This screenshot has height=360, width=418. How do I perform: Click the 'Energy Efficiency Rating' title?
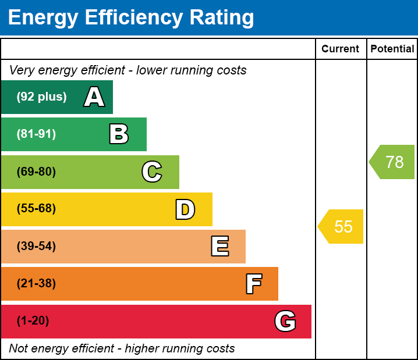coord(131,18)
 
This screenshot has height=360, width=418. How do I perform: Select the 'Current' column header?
coord(340,49)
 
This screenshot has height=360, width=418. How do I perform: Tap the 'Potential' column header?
coord(392,49)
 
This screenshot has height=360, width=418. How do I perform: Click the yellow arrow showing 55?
coord(341,226)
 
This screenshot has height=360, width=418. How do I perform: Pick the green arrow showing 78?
coord(392,162)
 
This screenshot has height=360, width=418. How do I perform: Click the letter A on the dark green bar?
coord(94,97)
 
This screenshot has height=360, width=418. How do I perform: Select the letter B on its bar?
coord(119,134)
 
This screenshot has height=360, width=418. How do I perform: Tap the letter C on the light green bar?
coord(151,172)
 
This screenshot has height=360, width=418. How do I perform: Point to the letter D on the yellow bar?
coord(185,209)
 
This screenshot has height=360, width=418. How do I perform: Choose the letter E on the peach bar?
coord(219,247)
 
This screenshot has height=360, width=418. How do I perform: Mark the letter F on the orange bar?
coord(253,284)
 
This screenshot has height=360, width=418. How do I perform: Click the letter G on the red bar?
coord(285,321)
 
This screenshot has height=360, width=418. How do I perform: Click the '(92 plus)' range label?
coord(41,97)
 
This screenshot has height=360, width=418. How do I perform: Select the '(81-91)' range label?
coord(36,134)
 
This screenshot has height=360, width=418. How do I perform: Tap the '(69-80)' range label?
coord(36,172)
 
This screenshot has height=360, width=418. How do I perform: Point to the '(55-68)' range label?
coord(36,209)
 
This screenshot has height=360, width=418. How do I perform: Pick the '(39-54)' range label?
coord(36,246)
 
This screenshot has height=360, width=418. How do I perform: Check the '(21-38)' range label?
coord(36,283)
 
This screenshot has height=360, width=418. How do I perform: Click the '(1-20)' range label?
coord(33,320)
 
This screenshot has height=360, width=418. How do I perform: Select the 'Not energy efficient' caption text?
coord(122,348)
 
